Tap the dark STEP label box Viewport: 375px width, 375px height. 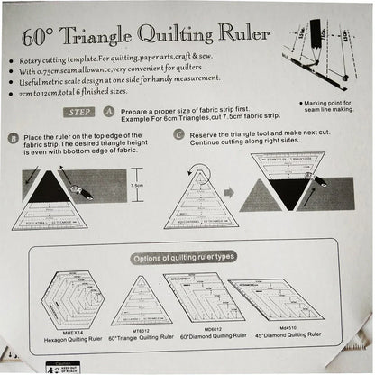click(x=80, y=113)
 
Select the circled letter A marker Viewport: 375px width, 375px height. click(x=109, y=113)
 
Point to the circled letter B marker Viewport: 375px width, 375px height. click(x=13, y=139)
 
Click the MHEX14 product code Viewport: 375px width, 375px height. click(x=57, y=335)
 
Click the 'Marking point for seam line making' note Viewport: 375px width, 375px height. click(x=328, y=105)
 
